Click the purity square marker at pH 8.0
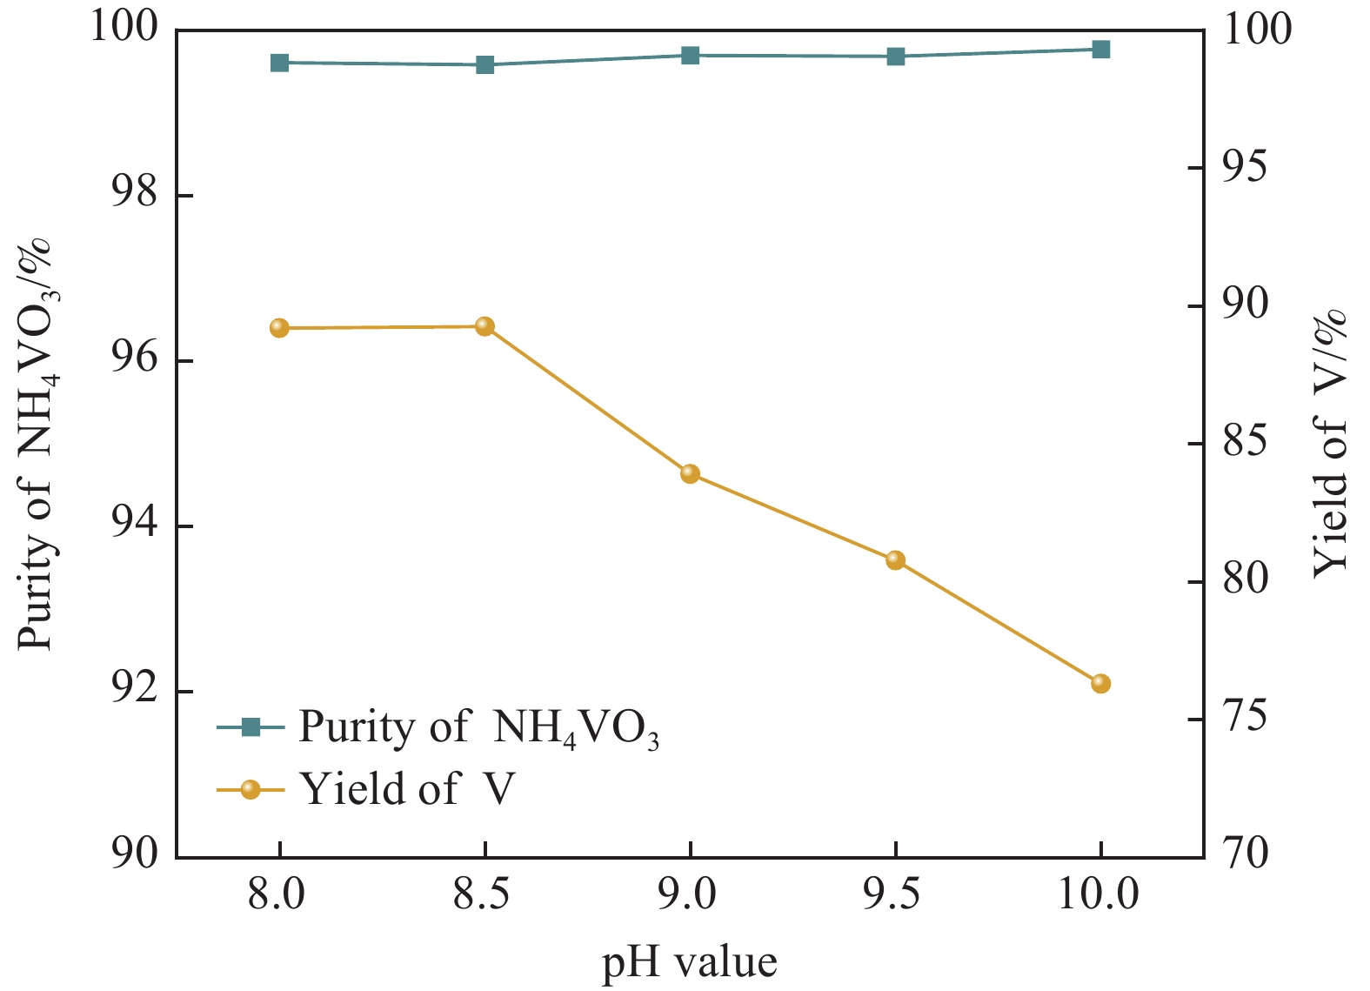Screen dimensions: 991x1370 279,63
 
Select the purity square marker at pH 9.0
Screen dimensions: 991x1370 690,56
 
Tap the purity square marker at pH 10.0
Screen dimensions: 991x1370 1100,49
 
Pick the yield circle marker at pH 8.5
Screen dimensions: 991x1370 485,326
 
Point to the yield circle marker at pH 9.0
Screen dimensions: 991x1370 690,473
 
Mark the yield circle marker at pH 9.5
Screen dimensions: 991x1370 895,559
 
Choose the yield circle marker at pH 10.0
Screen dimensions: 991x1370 1100,683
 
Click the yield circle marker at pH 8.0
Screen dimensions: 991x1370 279,328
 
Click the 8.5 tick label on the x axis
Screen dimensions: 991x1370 482,894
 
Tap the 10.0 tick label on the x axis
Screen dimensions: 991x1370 1098,894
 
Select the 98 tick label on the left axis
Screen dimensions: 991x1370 135,193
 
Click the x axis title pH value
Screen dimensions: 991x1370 689,962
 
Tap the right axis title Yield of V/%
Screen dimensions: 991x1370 1330,444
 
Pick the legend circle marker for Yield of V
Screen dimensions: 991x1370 251,789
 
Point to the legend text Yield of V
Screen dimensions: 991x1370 407,789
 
